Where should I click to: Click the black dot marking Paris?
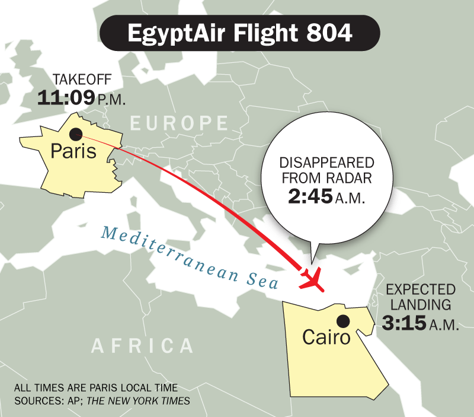[76, 134]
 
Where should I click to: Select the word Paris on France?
[73, 151]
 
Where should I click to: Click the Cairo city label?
[326, 337]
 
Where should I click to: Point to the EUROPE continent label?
[179, 123]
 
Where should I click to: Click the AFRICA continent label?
[143, 346]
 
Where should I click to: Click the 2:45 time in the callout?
[312, 198]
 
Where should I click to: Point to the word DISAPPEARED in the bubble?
[326, 163]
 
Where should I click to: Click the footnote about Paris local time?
[95, 389]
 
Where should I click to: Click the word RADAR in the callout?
[353, 179]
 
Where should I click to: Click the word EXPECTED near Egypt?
[421, 290]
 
